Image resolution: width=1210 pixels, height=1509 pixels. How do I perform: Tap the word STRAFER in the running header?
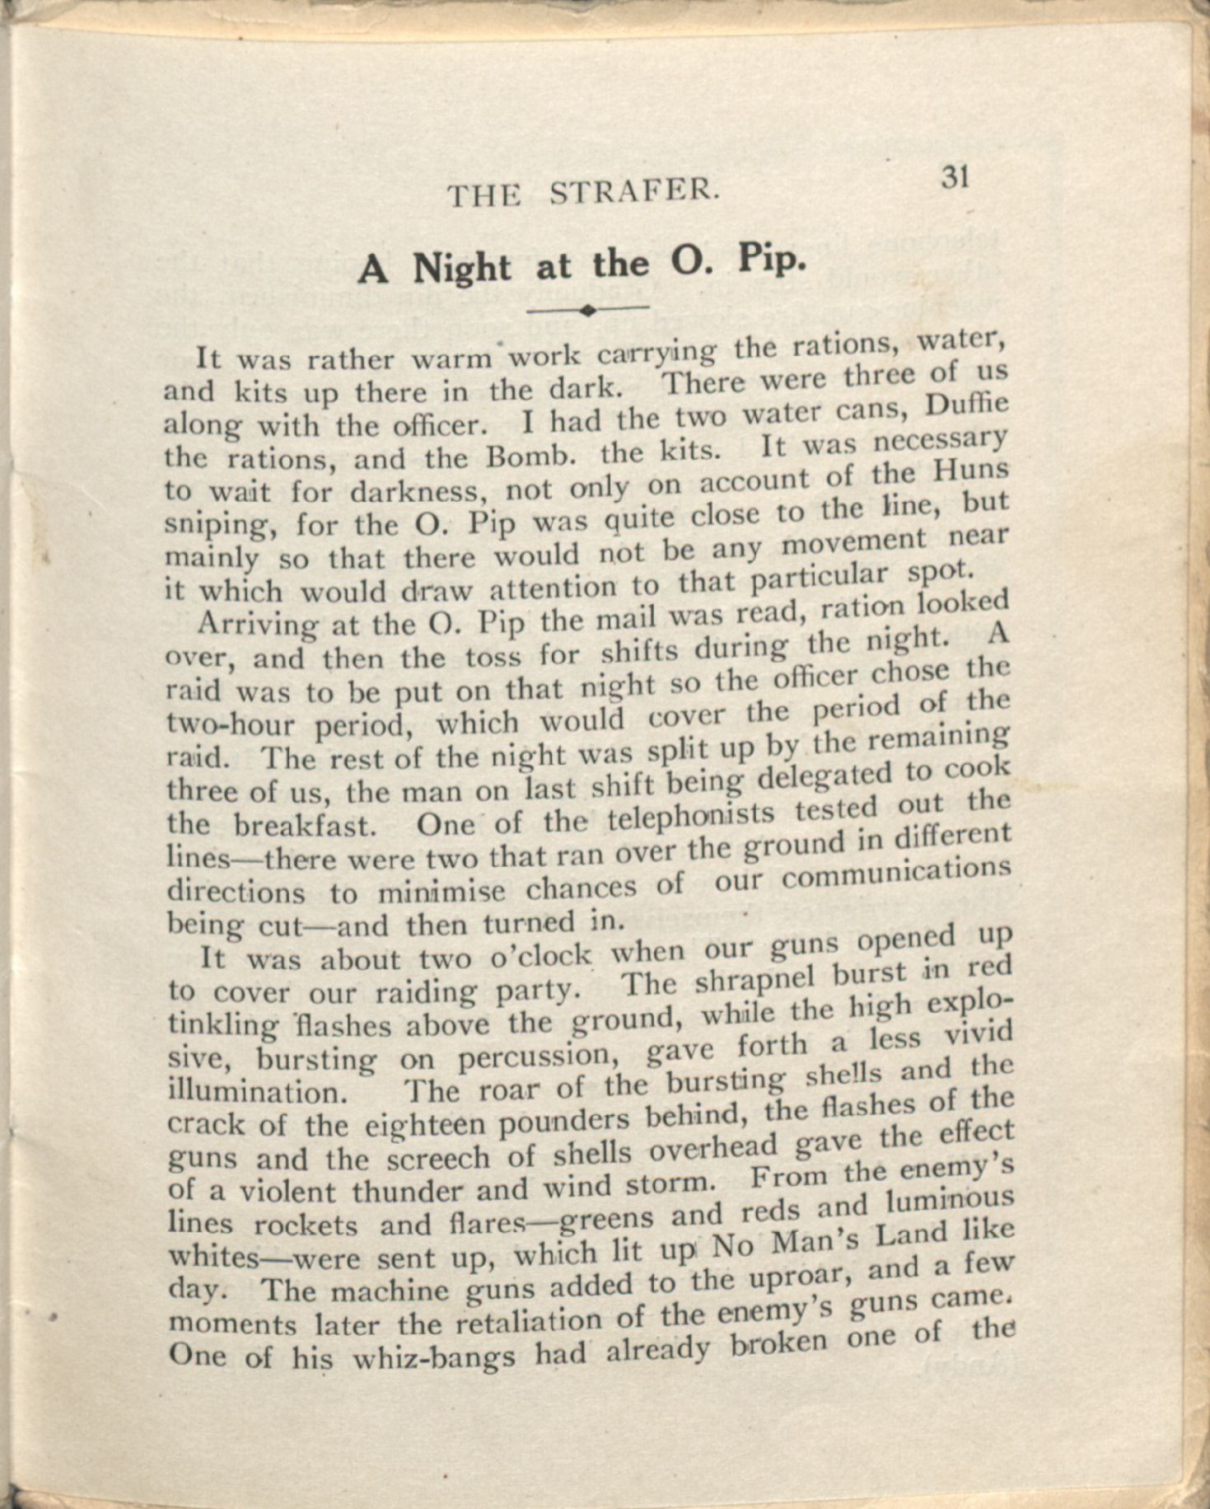coord(634,192)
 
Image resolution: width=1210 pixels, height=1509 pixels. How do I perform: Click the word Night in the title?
coord(461,268)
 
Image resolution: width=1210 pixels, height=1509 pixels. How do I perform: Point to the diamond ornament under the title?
coord(587,311)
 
